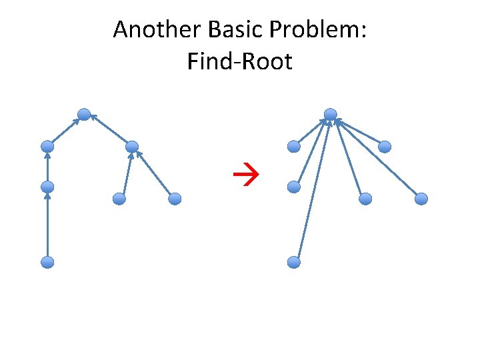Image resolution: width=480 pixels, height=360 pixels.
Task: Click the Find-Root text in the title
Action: coord(240,62)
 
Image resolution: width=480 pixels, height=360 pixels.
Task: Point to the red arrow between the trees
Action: coord(240,177)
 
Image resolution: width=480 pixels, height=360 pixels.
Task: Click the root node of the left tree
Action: coord(84,115)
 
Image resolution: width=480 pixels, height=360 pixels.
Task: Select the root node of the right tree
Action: coord(330,115)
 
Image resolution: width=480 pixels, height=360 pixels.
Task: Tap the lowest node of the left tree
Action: coord(47,263)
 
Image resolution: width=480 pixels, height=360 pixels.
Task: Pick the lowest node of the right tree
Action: coord(294,263)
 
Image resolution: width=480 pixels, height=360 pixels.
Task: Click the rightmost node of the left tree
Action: coord(175,199)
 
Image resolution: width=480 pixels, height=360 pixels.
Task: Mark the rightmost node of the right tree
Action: coord(421,199)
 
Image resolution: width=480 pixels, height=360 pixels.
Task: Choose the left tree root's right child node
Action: coord(132,147)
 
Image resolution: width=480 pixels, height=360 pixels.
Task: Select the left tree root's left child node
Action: coord(47,146)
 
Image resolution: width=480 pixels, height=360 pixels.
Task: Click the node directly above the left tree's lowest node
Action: coord(47,187)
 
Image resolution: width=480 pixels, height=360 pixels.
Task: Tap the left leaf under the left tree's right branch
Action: coord(119,199)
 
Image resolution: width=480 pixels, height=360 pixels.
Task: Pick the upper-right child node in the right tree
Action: coord(385,147)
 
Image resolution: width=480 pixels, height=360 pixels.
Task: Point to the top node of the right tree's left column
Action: coord(294,146)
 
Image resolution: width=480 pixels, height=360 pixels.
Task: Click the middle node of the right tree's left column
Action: coord(294,187)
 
